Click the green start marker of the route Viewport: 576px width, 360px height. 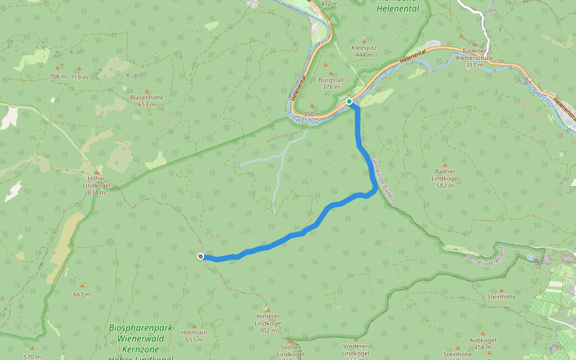(x=349, y=101)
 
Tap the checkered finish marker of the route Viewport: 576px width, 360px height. (x=200, y=256)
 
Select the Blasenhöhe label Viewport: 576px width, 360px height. (x=146, y=100)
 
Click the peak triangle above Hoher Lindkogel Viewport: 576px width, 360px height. (x=97, y=171)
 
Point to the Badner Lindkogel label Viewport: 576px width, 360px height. (x=445, y=178)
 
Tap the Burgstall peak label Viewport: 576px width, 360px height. (x=331, y=83)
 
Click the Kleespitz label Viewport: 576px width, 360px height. (x=364, y=51)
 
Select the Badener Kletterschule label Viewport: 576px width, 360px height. (x=474, y=58)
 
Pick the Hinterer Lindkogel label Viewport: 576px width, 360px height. (x=268, y=320)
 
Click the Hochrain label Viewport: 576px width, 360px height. (x=193, y=335)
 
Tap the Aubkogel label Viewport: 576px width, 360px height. (x=483, y=344)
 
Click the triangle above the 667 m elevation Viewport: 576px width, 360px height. (x=82, y=285)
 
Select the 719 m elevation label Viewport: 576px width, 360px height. (x=79, y=77)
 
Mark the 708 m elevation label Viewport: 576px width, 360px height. (x=58, y=77)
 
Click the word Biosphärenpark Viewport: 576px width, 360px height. (x=141, y=328)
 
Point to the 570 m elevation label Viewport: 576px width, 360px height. (x=32, y=357)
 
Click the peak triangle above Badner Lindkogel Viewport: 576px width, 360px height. (x=445, y=164)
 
